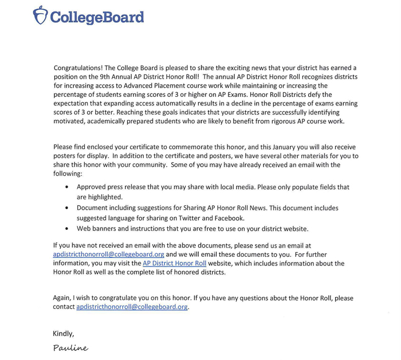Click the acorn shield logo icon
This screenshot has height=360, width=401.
(x=41, y=16)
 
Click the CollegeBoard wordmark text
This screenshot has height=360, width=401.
(x=97, y=17)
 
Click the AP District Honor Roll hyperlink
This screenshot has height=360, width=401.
(x=174, y=263)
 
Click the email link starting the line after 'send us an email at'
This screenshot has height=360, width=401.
(x=108, y=254)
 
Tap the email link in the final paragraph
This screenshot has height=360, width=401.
(x=132, y=307)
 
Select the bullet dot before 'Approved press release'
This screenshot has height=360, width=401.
(x=68, y=187)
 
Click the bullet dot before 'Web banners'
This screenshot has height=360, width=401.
(x=68, y=229)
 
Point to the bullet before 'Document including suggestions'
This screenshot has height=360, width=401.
(x=68, y=208)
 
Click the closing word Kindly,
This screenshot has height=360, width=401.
(x=63, y=334)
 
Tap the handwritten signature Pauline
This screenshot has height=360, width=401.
(x=70, y=348)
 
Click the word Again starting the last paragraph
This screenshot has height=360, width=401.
(x=63, y=298)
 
